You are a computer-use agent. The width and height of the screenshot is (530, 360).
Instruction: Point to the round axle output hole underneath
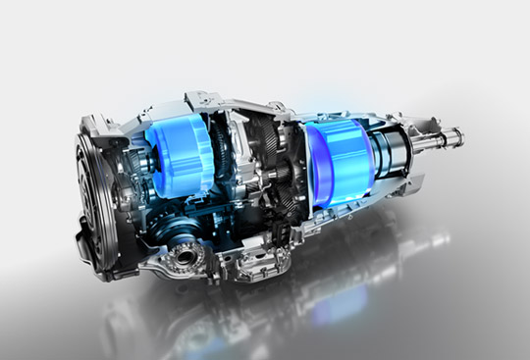187,257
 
